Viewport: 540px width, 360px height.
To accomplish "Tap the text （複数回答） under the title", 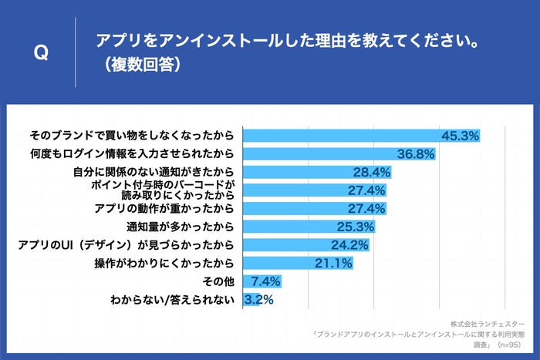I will click(138, 66).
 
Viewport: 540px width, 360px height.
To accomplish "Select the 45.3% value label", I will click(460, 136).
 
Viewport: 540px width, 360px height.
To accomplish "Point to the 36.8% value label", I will click(416, 154).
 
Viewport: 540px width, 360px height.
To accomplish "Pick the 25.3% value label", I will click(356, 227).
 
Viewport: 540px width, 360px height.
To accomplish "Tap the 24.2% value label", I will click(349, 245).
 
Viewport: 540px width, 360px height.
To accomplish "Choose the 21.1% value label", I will click(333, 264).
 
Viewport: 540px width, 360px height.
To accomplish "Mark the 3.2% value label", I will click(258, 300).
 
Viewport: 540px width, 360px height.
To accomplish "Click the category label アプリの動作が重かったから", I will click(164, 208).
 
